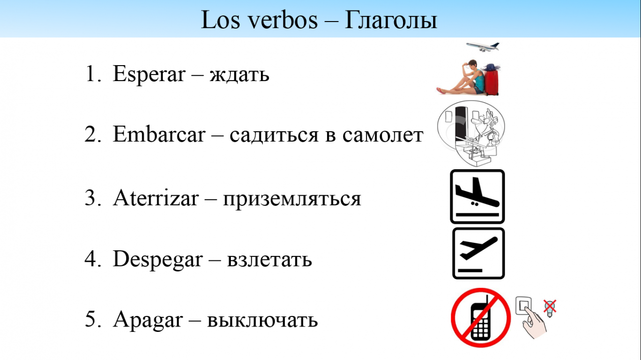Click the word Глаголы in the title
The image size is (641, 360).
(x=391, y=20)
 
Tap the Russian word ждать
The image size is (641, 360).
(x=239, y=75)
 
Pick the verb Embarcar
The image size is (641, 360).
(x=159, y=134)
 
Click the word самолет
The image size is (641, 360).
(x=383, y=136)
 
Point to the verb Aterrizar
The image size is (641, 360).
(x=156, y=198)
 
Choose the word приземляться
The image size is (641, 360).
(x=292, y=199)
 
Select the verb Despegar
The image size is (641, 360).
(x=158, y=259)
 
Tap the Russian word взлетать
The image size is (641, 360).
(x=269, y=260)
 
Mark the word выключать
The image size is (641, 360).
(x=262, y=320)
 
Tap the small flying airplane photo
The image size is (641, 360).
(x=482, y=47)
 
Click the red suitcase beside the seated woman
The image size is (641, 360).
(x=492, y=82)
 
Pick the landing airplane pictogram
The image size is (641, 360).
(x=477, y=197)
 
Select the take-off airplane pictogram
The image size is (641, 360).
(x=478, y=253)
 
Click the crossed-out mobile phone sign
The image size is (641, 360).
(x=481, y=317)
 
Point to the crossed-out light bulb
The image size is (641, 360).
(x=550, y=308)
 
